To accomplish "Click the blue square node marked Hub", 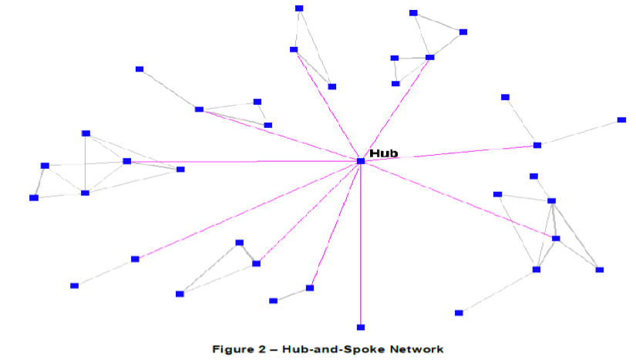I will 361,160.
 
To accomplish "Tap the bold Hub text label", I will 383,153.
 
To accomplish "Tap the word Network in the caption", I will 416,349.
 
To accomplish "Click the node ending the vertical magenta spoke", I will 361,327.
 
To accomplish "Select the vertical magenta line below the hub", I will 361,247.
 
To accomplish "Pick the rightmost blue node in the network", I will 621,120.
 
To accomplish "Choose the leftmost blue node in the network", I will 34,198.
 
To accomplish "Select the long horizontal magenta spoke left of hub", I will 247,161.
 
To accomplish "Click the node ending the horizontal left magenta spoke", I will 127,161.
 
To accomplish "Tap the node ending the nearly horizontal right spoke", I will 537,145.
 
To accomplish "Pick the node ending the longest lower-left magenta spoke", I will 135,259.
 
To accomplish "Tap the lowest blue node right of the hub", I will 459,312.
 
